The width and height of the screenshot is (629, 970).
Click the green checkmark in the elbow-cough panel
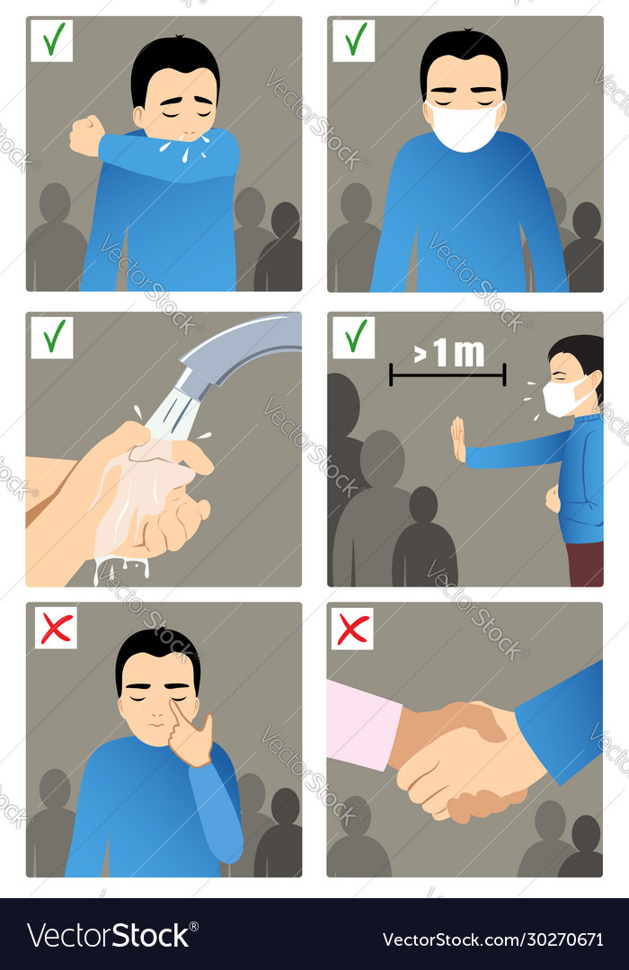coord(52,40)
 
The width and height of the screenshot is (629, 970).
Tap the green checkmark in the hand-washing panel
coord(52,337)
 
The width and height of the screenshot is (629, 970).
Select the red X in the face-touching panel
coord(56,628)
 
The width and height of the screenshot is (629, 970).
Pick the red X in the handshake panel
coord(352,628)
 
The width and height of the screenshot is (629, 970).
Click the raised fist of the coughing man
coord(87,136)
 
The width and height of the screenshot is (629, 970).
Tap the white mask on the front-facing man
coord(464,127)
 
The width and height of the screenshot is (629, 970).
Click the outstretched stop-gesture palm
coord(458,439)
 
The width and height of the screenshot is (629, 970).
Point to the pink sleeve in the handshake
coord(363,724)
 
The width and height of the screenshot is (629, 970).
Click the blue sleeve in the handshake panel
coord(562,719)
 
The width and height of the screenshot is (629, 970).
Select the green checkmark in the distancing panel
coord(354,337)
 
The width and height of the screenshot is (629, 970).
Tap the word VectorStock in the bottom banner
coord(109,935)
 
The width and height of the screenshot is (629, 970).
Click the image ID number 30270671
coord(557,939)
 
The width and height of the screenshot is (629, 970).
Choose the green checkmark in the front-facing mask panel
coord(354,40)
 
